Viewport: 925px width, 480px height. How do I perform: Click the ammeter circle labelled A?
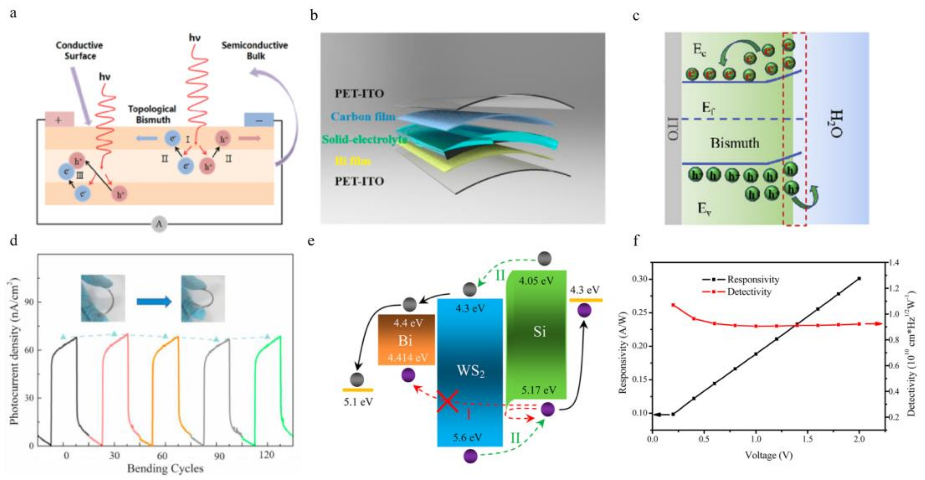click(159, 224)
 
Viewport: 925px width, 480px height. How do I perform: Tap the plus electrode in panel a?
click(59, 120)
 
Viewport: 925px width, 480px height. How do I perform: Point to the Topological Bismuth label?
click(153, 114)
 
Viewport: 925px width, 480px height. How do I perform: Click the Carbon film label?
click(363, 117)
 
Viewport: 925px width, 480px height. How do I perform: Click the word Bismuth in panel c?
click(735, 143)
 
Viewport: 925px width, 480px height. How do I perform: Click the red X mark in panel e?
click(447, 401)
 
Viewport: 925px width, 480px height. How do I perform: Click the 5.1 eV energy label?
click(358, 402)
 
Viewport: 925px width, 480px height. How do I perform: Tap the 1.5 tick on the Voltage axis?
click(808, 439)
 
